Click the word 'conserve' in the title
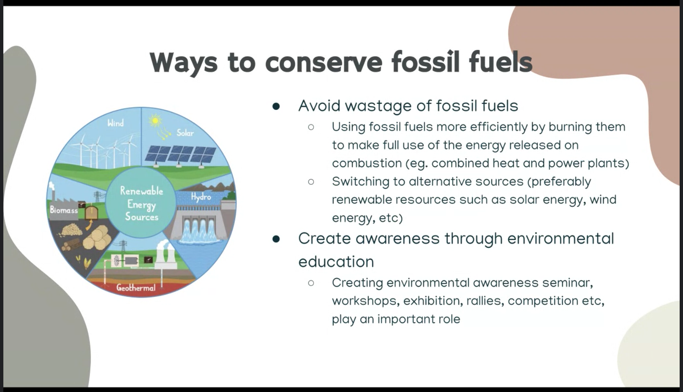tap(324, 63)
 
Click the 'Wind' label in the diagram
tap(116, 123)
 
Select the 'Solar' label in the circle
tap(185, 133)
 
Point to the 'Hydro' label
tap(201, 197)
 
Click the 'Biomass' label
tap(64, 210)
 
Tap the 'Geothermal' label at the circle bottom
tap(136, 288)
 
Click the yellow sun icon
tap(155, 121)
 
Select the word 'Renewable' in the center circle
tap(141, 191)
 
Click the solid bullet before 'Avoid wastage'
tap(276, 106)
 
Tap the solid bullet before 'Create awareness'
tap(276, 239)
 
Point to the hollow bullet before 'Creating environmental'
tap(311, 283)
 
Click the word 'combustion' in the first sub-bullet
tap(367, 163)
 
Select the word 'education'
tap(336, 262)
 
